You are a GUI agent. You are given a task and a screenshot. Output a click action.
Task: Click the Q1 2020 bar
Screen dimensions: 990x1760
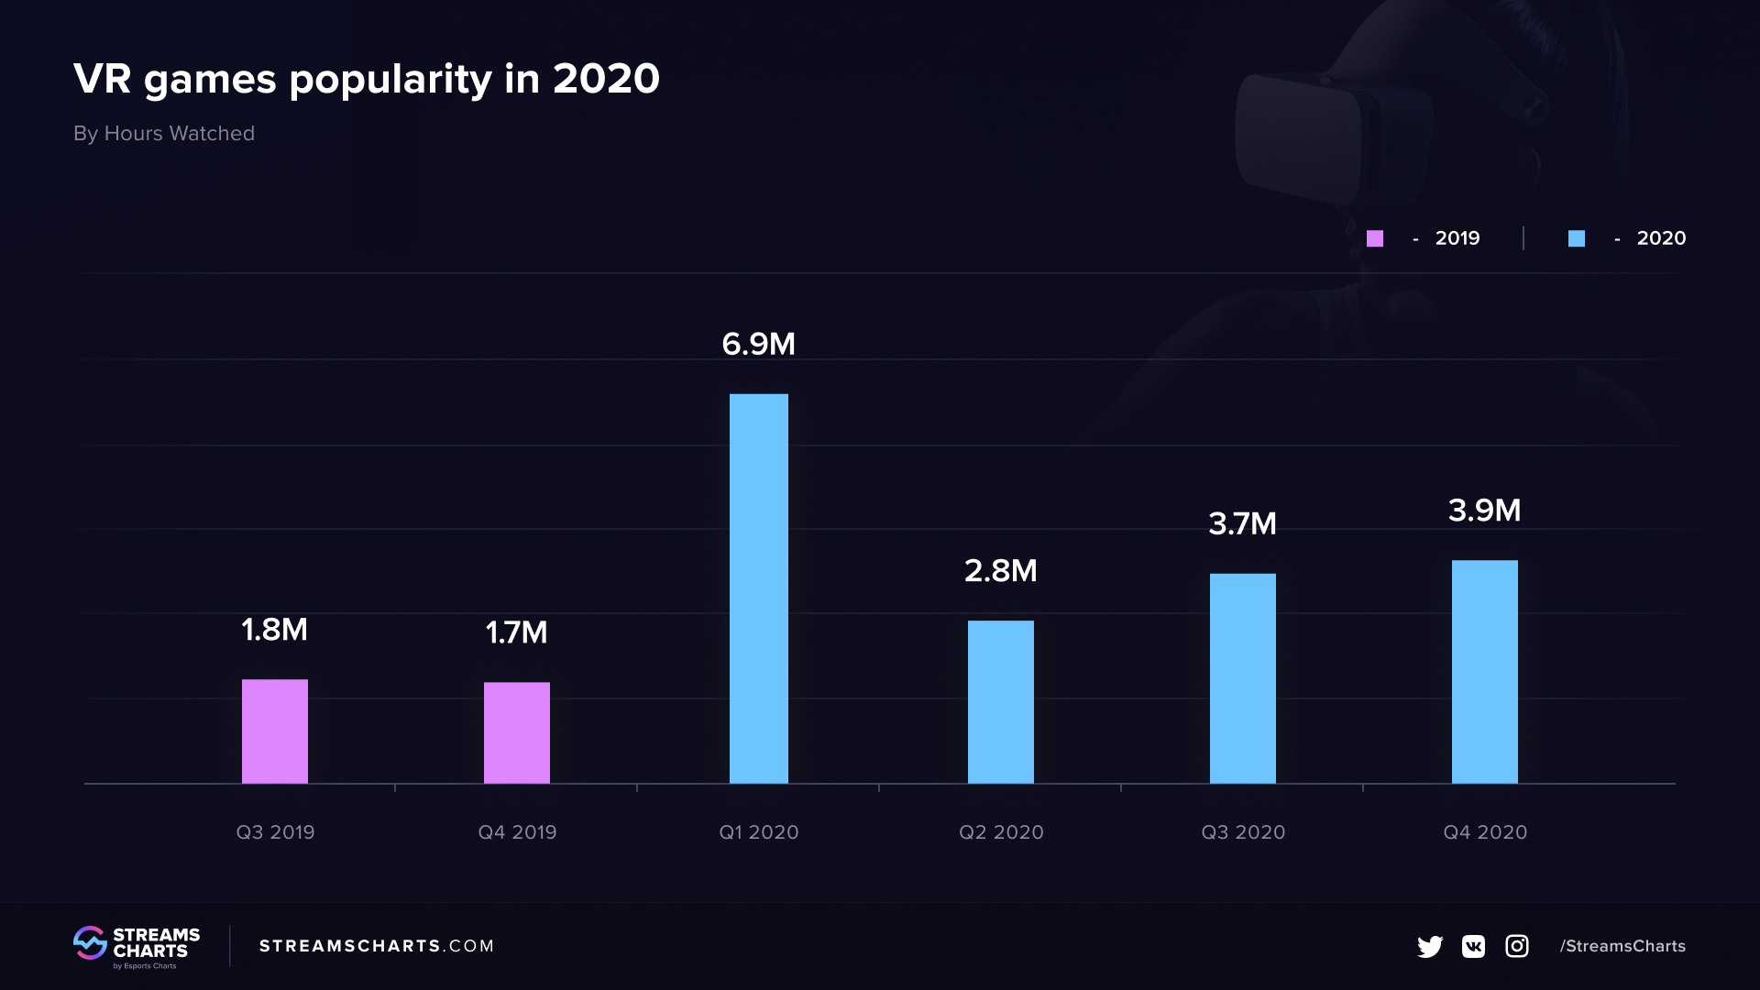click(758, 588)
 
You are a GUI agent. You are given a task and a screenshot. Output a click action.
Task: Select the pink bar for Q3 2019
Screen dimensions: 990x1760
click(275, 731)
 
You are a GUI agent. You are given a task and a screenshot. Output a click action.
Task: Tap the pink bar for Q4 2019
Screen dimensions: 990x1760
click(517, 732)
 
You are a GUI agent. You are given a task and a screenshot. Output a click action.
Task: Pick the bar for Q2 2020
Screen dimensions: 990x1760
click(1000, 702)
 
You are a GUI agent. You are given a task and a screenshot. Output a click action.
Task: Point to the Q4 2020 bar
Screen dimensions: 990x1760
click(1484, 672)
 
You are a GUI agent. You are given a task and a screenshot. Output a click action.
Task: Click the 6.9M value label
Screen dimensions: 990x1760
click(758, 345)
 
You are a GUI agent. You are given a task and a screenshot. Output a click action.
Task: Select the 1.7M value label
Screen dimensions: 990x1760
click(516, 632)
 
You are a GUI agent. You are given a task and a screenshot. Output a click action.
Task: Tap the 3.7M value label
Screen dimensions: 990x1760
click(1242, 524)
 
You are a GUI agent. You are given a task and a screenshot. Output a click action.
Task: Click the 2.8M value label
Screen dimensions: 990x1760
click(1000, 571)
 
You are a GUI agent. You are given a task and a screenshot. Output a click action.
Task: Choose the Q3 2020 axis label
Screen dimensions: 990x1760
click(1243, 832)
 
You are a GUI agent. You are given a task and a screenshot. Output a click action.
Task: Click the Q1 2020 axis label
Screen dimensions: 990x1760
click(758, 832)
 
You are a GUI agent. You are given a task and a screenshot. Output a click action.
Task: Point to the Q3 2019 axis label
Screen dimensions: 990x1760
click(275, 832)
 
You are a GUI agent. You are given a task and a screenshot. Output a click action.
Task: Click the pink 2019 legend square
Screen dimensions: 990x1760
click(1375, 238)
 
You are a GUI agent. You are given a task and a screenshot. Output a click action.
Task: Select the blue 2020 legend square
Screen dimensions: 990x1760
click(1577, 238)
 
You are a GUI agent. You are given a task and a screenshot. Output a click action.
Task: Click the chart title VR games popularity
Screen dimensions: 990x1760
click(366, 79)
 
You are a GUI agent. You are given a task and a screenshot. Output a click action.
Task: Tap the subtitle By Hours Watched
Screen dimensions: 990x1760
click(164, 134)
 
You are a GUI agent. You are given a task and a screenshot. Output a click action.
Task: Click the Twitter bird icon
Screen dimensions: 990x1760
click(1429, 946)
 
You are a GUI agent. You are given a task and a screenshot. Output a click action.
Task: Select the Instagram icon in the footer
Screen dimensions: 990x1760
click(1517, 946)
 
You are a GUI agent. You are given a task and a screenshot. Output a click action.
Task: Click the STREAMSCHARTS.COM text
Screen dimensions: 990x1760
click(376, 946)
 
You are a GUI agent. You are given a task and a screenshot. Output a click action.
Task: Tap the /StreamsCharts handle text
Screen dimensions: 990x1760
click(1622, 946)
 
